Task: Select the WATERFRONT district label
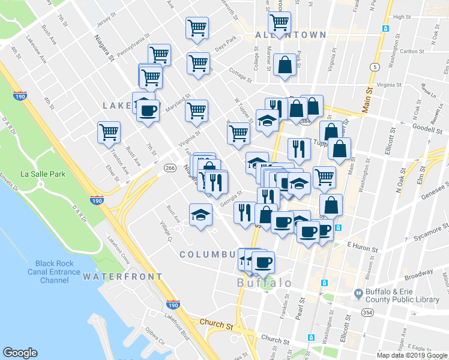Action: tap(122, 277)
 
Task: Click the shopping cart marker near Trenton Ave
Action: tap(109, 132)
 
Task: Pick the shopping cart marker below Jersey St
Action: tap(197, 28)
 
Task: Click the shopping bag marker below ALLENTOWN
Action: tap(285, 65)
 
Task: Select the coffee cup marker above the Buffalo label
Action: tap(262, 262)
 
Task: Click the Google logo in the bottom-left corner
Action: tap(20, 353)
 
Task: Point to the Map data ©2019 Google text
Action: tap(412, 355)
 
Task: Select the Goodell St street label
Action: tap(428, 127)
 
